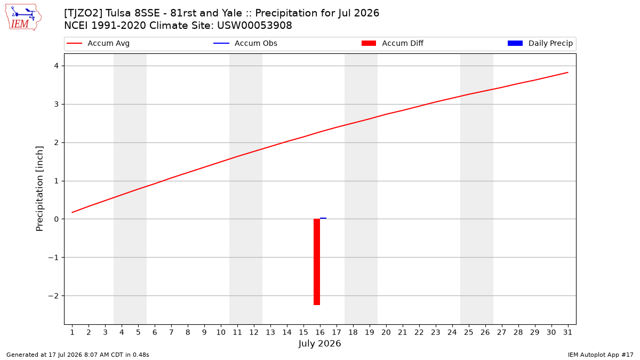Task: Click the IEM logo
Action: point(23,18)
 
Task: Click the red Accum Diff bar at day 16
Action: point(317,262)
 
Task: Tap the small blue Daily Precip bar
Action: point(323,218)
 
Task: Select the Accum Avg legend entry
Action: point(98,43)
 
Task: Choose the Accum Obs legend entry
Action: point(245,43)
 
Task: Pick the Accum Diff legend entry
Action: point(393,43)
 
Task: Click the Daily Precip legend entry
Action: point(540,43)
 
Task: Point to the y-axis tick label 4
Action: point(56,66)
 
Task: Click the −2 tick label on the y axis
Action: point(53,295)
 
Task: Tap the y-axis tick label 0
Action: point(56,219)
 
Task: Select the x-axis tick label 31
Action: point(567,332)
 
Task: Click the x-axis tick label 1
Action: point(73,332)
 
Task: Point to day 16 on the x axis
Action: point(320,332)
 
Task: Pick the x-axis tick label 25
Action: point(469,332)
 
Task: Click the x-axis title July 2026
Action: point(319,343)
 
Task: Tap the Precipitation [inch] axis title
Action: point(39,189)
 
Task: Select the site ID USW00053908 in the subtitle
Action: point(254,26)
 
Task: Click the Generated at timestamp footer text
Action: point(78,355)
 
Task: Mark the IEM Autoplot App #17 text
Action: point(601,355)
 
